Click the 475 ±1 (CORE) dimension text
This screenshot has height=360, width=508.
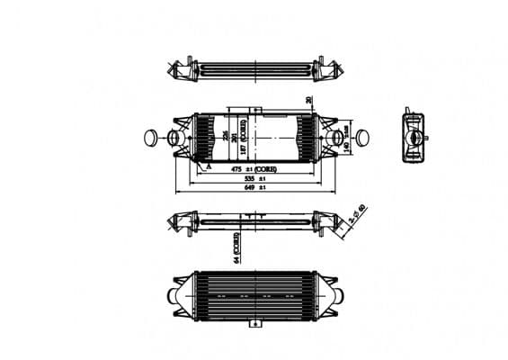click(x=254, y=168)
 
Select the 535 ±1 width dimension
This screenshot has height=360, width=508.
click(x=256, y=179)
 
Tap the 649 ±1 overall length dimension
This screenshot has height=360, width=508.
click(x=256, y=189)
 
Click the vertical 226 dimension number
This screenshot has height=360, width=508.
click(x=226, y=136)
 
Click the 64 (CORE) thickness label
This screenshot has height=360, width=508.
click(x=236, y=246)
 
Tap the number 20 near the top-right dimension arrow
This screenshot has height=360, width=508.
click(x=308, y=101)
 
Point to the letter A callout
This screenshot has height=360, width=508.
click(x=208, y=166)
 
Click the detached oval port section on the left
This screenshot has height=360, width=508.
click(x=150, y=138)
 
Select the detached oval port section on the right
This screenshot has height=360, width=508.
click(x=360, y=139)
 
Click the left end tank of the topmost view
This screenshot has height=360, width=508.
click(x=184, y=70)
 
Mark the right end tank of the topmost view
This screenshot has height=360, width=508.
click(x=324, y=70)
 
